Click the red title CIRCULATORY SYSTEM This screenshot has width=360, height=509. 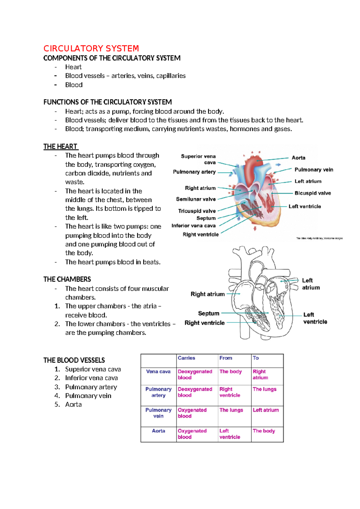click(91, 49)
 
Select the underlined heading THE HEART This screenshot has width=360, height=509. click(60, 146)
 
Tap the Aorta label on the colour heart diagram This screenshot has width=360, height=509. click(298, 158)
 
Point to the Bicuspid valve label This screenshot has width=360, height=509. click(313, 193)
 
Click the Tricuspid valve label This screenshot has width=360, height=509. click(197, 211)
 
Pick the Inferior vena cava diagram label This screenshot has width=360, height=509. click(193, 226)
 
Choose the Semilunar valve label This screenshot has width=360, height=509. click(196, 199)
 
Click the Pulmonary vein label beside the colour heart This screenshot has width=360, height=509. click(314, 170)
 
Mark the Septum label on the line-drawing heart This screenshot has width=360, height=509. click(208, 314)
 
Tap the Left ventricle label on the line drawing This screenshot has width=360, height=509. click(315, 318)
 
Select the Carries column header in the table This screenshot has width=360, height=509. click(186, 358)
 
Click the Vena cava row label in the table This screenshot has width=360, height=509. click(158, 372)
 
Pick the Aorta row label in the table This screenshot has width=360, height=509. click(158, 431)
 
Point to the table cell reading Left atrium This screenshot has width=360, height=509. click(265, 410)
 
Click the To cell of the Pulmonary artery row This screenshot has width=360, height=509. click(264, 389)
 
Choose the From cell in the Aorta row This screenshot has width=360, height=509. click(229, 434)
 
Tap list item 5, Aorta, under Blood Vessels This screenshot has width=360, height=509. click(73, 405)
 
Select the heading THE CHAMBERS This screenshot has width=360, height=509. click(67, 279)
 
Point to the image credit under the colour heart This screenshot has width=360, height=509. click(319, 238)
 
